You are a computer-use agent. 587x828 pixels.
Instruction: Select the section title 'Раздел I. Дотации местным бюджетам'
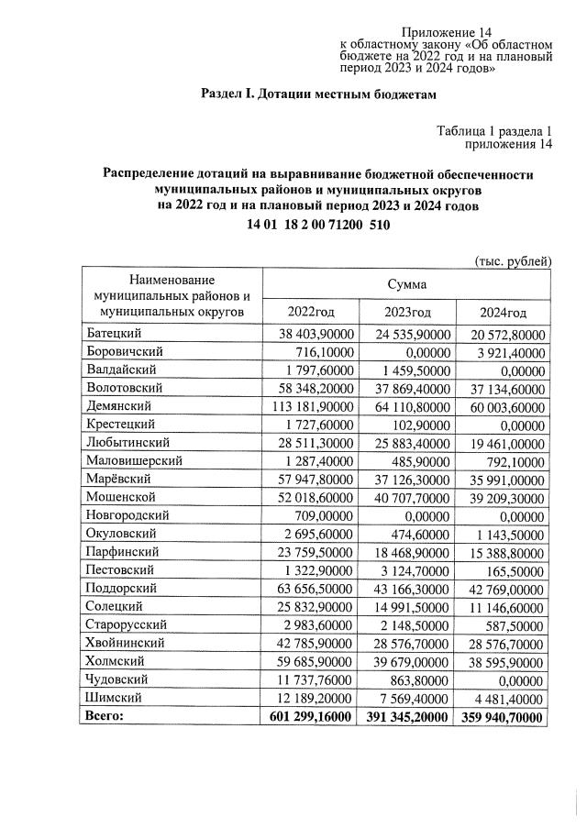click(x=314, y=94)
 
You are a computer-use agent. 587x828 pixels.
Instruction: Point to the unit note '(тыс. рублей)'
click(x=513, y=261)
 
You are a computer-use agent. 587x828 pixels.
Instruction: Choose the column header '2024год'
click(x=504, y=313)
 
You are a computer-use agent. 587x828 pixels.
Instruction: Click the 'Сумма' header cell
click(x=406, y=286)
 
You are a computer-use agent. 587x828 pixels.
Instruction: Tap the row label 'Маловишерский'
click(x=133, y=459)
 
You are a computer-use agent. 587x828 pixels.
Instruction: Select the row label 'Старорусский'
click(x=128, y=624)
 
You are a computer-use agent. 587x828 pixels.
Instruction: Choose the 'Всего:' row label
click(x=103, y=715)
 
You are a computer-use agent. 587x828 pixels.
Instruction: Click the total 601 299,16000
click(x=311, y=715)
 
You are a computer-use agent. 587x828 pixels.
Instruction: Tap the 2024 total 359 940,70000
click(x=503, y=715)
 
